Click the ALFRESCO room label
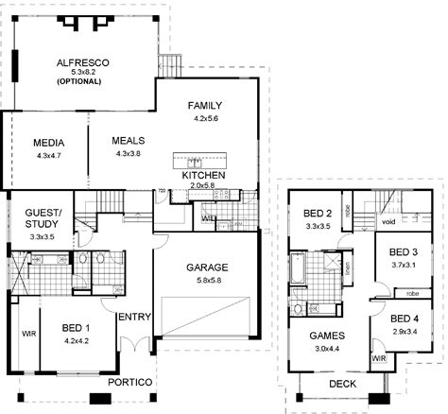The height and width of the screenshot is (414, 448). (x=83, y=62)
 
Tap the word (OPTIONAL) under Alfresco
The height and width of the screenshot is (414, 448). (x=83, y=82)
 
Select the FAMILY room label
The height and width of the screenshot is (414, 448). (x=205, y=104)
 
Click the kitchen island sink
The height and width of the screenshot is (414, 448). (x=191, y=160)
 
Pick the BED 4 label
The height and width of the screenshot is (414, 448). (x=404, y=319)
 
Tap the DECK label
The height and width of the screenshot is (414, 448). (x=342, y=384)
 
